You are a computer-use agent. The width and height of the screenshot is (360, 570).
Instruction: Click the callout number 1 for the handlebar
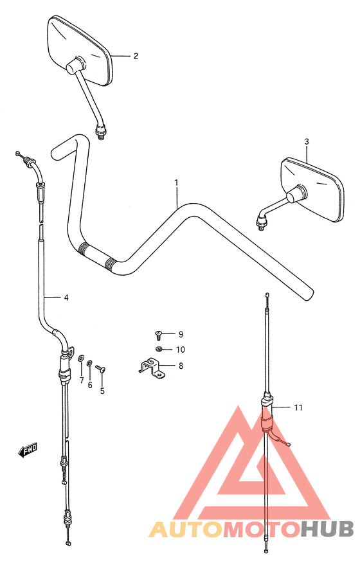pyautogui.click(x=176, y=183)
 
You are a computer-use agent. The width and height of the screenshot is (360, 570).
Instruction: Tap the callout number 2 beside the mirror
pyautogui.click(x=136, y=56)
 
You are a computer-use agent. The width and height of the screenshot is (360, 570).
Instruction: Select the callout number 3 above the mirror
pyautogui.click(x=307, y=141)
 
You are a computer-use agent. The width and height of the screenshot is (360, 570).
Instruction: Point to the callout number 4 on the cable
pyautogui.click(x=66, y=298)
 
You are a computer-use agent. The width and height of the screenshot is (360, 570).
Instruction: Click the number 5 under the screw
pyautogui.click(x=102, y=391)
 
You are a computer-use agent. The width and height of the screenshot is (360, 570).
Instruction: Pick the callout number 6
pyautogui.click(x=90, y=385)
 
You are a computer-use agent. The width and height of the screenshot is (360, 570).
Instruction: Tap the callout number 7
pyautogui.click(x=82, y=380)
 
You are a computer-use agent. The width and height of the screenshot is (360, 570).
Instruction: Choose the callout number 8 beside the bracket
pyautogui.click(x=181, y=366)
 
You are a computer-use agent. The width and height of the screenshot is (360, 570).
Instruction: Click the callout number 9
pyautogui.click(x=181, y=334)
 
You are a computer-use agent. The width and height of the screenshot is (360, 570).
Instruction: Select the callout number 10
pyautogui.click(x=181, y=350)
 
